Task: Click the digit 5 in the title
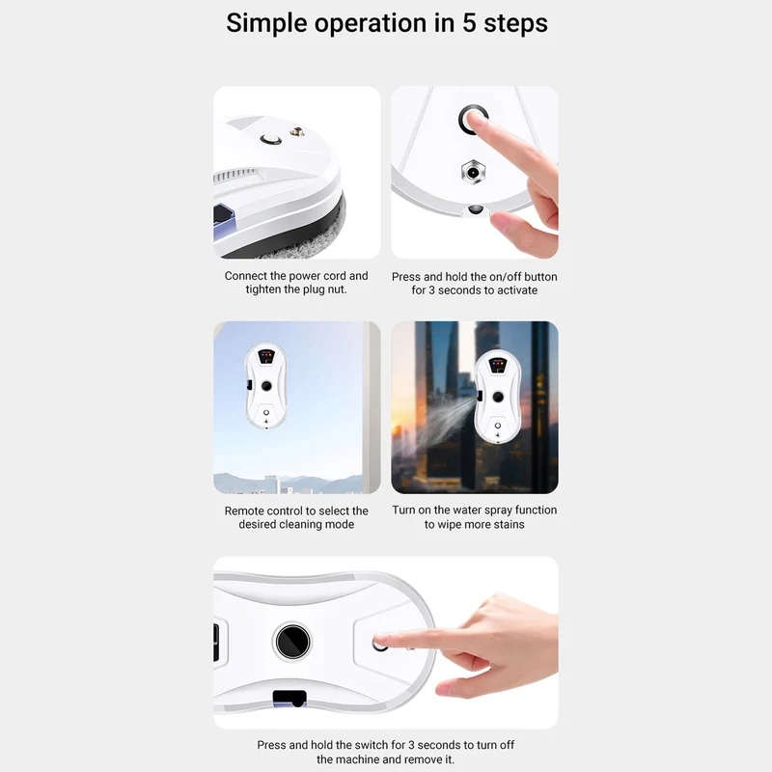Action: tap(469, 23)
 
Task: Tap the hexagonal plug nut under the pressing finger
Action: tap(473, 173)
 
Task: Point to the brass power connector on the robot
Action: tap(296, 131)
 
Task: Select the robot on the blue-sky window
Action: tap(266, 385)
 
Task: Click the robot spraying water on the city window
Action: tap(497, 397)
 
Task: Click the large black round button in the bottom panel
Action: tap(292, 642)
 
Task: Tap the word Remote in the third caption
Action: tap(243, 511)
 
